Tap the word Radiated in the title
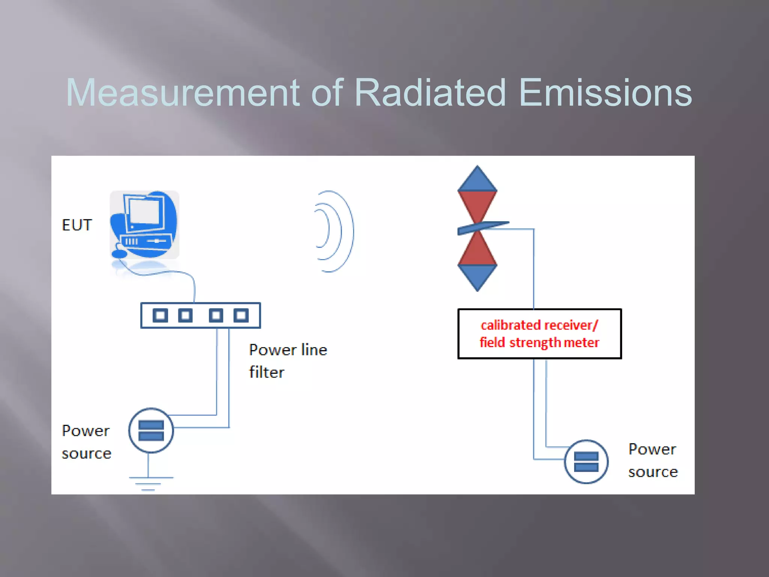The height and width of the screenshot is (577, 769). point(430,93)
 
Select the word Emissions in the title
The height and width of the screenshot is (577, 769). point(605,93)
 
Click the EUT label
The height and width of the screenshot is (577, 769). point(77,225)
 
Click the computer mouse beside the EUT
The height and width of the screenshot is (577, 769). point(119,254)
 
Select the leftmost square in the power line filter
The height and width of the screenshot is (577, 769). point(160,315)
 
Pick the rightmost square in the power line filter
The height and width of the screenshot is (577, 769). point(241,315)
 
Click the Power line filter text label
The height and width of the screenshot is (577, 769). point(287,361)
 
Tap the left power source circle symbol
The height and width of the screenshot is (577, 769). point(151,430)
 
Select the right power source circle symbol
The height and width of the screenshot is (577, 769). point(586,462)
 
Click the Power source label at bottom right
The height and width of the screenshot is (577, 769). point(653,460)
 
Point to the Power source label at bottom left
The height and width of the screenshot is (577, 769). point(86,442)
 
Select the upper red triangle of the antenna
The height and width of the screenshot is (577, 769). point(477,205)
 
